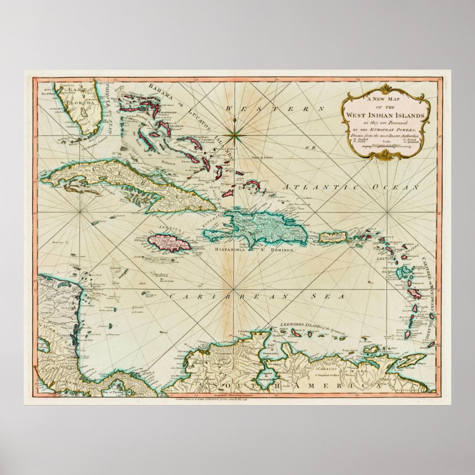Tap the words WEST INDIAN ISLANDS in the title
click(386, 115)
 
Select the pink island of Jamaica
click(168, 242)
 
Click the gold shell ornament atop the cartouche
click(386, 89)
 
